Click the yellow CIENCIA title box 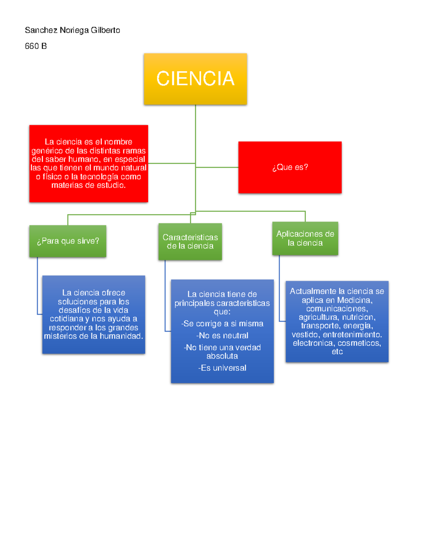(x=195, y=79)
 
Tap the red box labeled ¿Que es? (x=290, y=167)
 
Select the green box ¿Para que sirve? (x=67, y=241)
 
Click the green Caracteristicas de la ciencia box (x=190, y=242)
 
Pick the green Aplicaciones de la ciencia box (x=305, y=238)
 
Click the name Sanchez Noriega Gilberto (x=72, y=30)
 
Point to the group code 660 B (x=36, y=46)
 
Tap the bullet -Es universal (x=222, y=368)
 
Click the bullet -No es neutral (x=222, y=336)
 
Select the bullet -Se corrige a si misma (x=222, y=324)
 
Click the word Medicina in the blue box (x=354, y=300)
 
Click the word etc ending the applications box (x=337, y=351)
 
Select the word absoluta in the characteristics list (x=222, y=356)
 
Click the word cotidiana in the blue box (x=66, y=319)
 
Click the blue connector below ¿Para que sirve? (x=37, y=286)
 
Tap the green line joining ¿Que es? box (x=217, y=167)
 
